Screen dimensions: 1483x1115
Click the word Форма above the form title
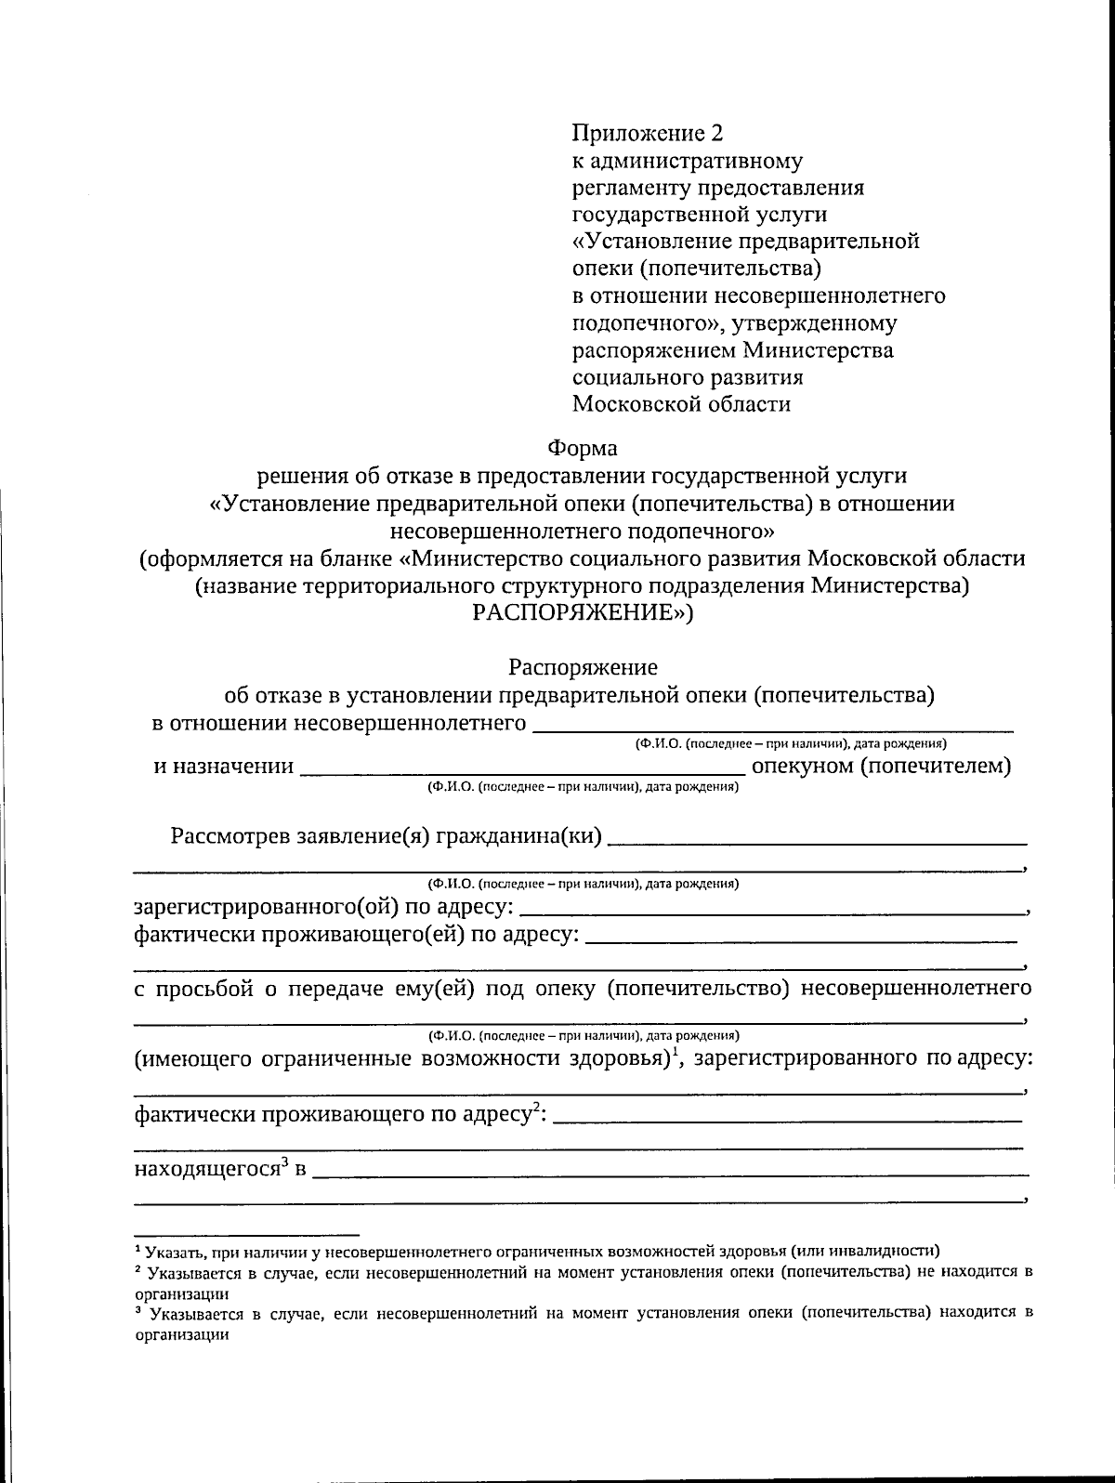583,448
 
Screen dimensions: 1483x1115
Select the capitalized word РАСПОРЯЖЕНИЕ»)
583,613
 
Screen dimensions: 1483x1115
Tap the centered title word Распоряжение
583,667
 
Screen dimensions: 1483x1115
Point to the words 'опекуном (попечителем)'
881,767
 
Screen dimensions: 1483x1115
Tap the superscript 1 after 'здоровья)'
677,1051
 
